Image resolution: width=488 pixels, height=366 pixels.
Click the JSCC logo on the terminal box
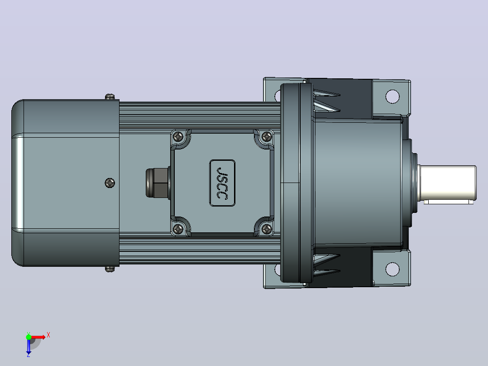click(222, 183)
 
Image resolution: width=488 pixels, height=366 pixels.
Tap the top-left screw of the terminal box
click(178, 136)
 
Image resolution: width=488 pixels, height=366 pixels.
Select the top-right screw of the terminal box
click(267, 136)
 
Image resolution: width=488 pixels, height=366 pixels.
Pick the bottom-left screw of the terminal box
click(178, 230)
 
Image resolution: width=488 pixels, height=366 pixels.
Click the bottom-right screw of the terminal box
click(267, 230)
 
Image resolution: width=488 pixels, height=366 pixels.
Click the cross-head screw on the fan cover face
click(110, 183)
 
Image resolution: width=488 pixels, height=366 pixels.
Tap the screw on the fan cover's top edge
click(110, 97)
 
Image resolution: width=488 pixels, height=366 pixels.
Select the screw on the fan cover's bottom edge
click(110, 269)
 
